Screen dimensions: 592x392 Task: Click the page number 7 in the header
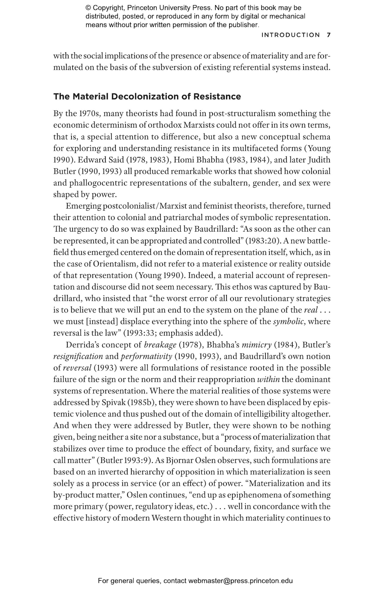(329, 35)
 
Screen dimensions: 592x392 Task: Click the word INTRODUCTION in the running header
(291, 35)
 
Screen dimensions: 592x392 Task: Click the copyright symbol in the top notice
(88, 8)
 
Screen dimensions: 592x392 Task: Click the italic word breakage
(160, 345)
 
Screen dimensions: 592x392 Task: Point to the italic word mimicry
(257, 345)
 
